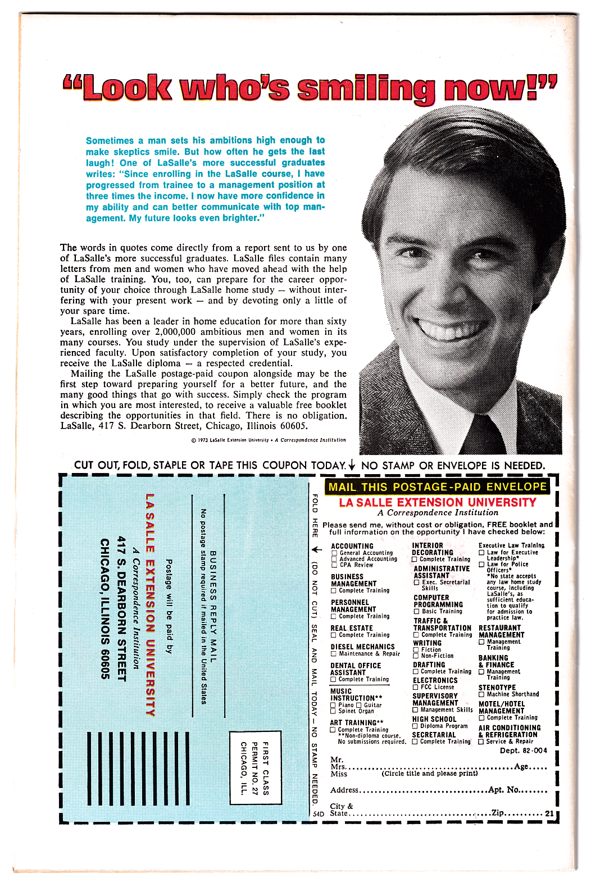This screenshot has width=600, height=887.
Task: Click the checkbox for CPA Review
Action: pos(334,565)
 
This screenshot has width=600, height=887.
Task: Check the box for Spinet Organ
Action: pos(333,711)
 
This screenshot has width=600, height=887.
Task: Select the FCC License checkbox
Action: pos(416,687)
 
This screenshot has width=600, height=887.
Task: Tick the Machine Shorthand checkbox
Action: pos(481,694)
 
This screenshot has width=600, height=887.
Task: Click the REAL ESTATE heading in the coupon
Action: pos(352,628)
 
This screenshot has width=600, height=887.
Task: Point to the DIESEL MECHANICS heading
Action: pos(362,647)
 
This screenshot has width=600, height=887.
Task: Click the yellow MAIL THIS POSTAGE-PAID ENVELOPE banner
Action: pos(437,487)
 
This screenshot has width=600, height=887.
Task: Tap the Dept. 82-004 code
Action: pos(523,750)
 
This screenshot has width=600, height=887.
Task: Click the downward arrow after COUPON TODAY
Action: pos(352,465)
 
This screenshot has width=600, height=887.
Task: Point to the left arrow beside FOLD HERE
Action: pos(316,549)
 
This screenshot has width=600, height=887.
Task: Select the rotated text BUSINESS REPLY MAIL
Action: pos(213,606)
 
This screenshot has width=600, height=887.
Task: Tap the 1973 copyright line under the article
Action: pos(269,440)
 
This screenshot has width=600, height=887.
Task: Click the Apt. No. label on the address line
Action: pos(503,789)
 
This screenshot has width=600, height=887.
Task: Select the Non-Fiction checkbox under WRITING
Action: pos(416,656)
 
